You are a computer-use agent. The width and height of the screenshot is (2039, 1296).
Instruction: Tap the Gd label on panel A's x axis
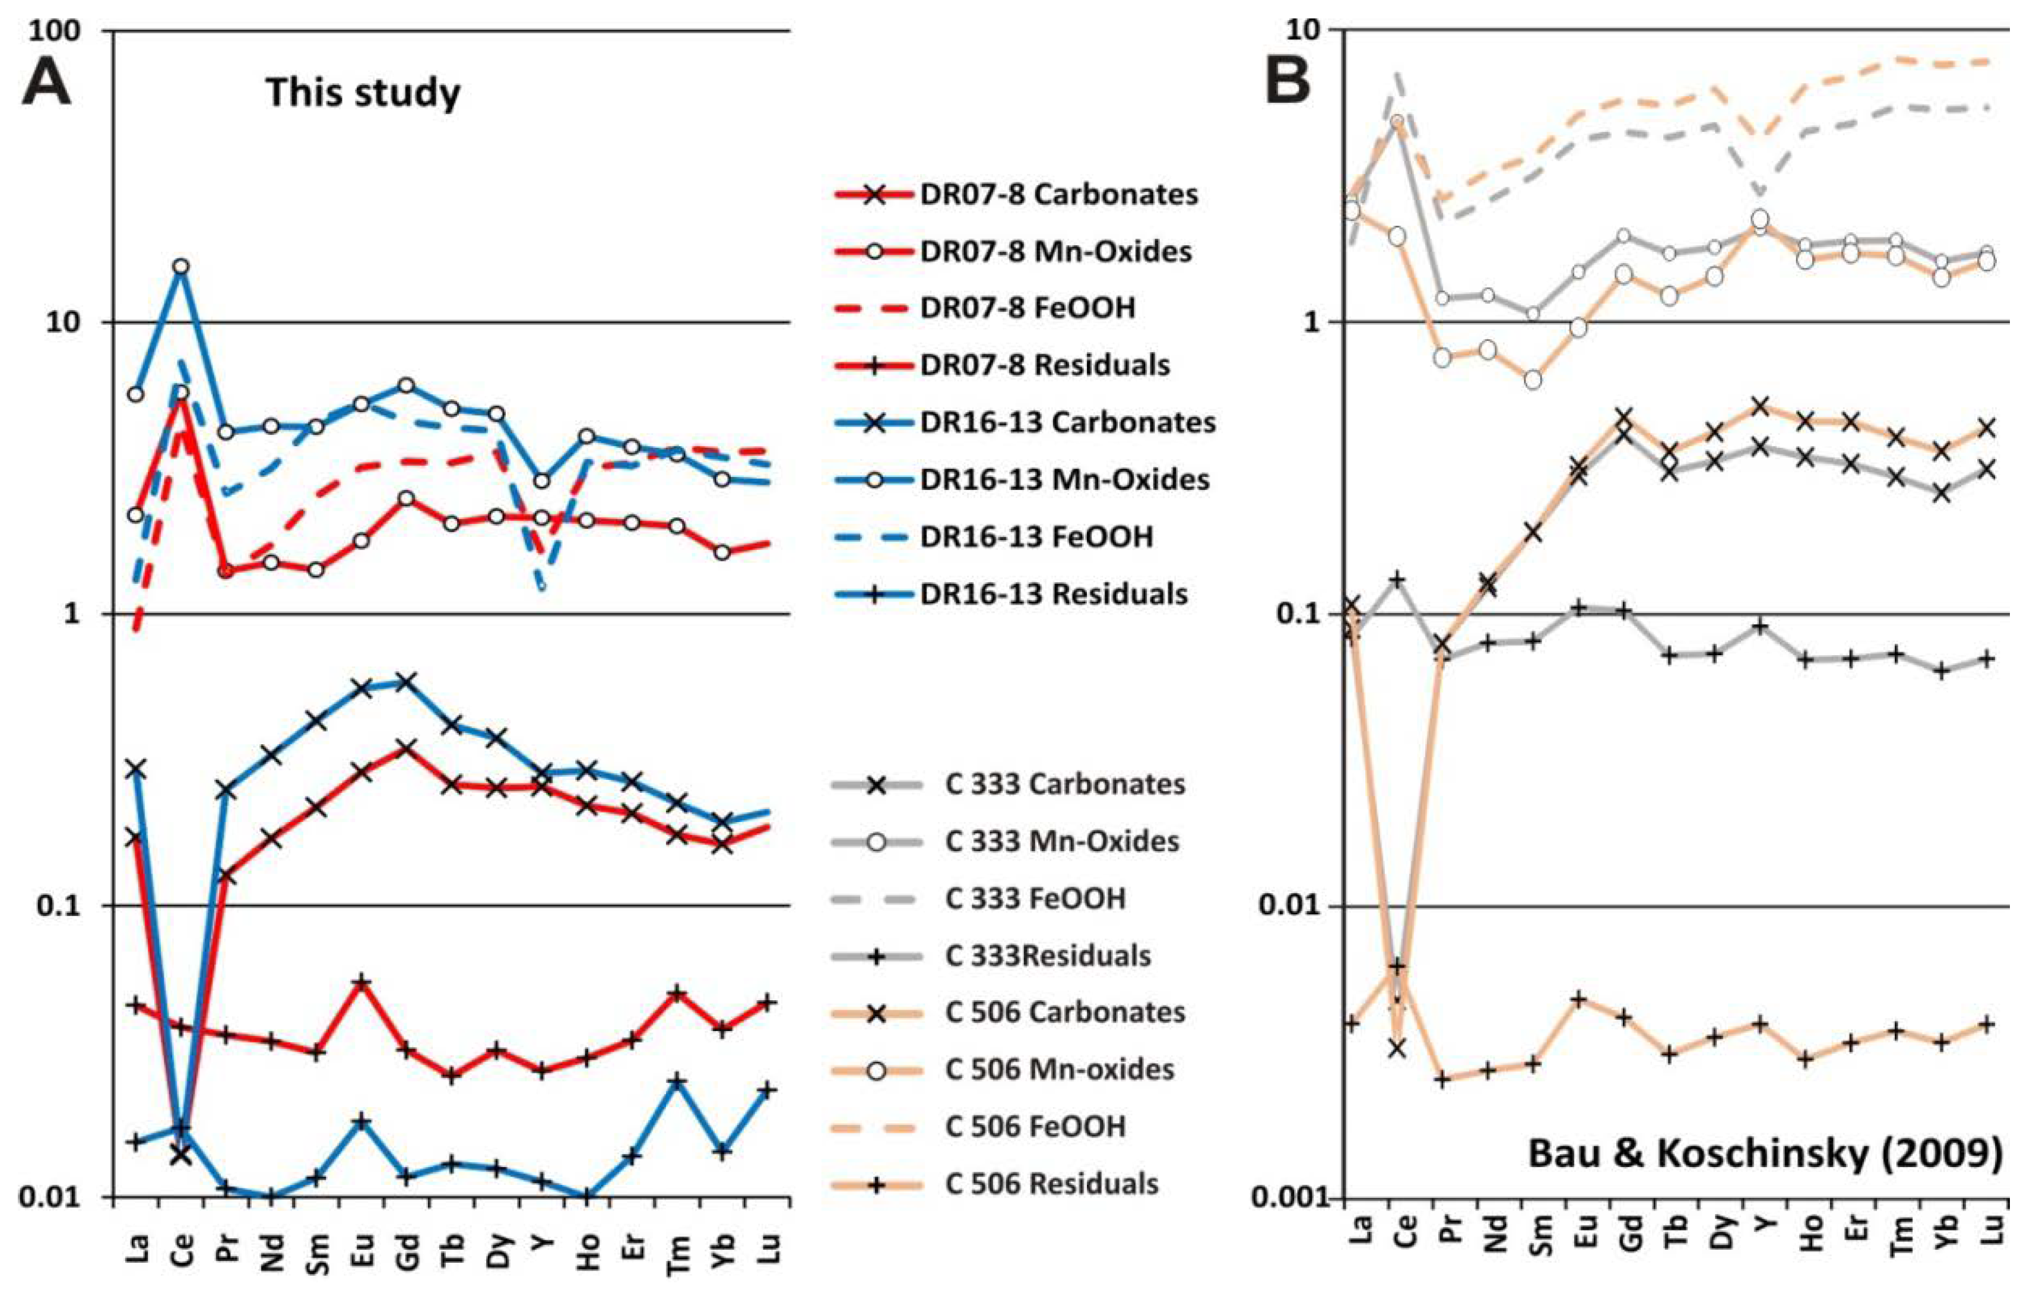(x=407, y=1250)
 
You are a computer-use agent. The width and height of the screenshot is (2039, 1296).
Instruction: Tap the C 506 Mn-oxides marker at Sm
(x=1533, y=380)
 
